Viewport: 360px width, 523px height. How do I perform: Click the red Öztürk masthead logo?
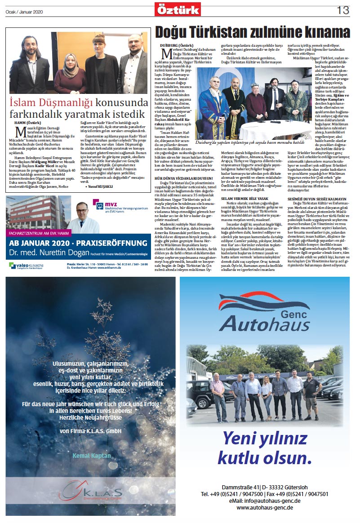[178, 9]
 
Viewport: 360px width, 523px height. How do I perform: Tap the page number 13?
[343, 9]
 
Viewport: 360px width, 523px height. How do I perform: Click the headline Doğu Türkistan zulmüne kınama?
[252, 32]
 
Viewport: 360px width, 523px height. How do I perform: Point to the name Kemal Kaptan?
[92, 456]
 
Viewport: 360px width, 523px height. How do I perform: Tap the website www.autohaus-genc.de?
[265, 507]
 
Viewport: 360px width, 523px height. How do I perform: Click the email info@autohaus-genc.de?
[265, 501]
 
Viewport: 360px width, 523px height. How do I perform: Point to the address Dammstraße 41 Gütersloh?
[265, 488]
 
